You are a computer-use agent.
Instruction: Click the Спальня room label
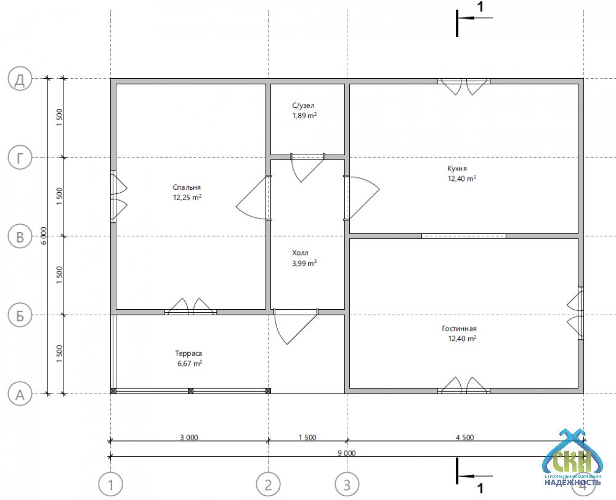(x=187, y=187)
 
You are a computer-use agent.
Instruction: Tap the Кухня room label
(x=457, y=169)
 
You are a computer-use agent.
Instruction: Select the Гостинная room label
(x=459, y=328)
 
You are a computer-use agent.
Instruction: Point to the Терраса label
(x=188, y=353)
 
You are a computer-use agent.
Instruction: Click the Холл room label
(x=300, y=252)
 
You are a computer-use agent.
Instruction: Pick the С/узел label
(x=303, y=105)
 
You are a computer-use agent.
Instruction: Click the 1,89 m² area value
(x=304, y=116)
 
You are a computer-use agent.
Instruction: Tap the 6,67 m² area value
(x=190, y=363)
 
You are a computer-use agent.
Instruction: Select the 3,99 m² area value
(x=304, y=263)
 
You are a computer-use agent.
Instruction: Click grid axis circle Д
(x=20, y=79)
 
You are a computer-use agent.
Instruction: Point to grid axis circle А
(x=20, y=394)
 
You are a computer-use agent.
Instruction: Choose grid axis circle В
(x=20, y=236)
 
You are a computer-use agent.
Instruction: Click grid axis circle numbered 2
(x=269, y=485)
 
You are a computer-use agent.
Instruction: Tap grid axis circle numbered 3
(x=347, y=485)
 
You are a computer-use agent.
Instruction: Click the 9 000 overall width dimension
(x=346, y=453)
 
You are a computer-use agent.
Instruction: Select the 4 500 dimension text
(x=464, y=437)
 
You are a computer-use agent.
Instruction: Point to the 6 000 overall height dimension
(x=44, y=236)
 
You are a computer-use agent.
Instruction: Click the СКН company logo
(x=572, y=458)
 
